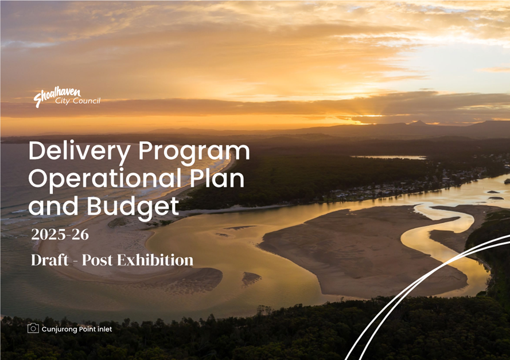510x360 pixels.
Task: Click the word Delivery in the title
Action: coord(80,152)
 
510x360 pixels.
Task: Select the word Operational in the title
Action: coord(105,179)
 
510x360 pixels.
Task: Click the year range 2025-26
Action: coord(60,234)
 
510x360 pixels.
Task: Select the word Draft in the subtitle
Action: coord(50,260)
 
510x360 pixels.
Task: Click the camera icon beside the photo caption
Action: coord(33,328)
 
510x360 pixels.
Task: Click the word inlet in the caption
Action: coord(105,329)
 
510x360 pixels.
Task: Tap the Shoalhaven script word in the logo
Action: coord(57,96)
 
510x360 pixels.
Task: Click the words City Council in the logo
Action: coord(78,101)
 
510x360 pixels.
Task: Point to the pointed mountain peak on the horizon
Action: coord(419,123)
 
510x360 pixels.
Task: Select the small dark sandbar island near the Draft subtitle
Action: coord(251,279)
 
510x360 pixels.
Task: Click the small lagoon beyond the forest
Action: coord(389,157)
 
